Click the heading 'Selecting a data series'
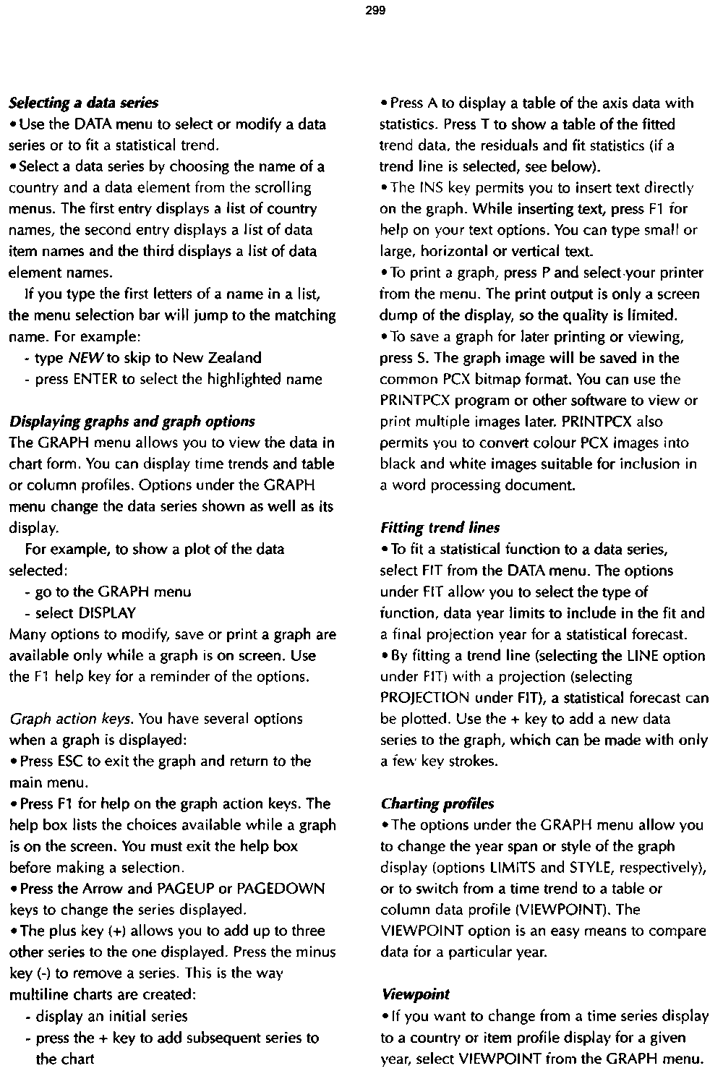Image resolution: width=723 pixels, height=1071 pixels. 83,103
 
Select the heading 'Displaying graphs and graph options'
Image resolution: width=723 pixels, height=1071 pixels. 132,422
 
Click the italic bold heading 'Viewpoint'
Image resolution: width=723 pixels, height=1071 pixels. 414,995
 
